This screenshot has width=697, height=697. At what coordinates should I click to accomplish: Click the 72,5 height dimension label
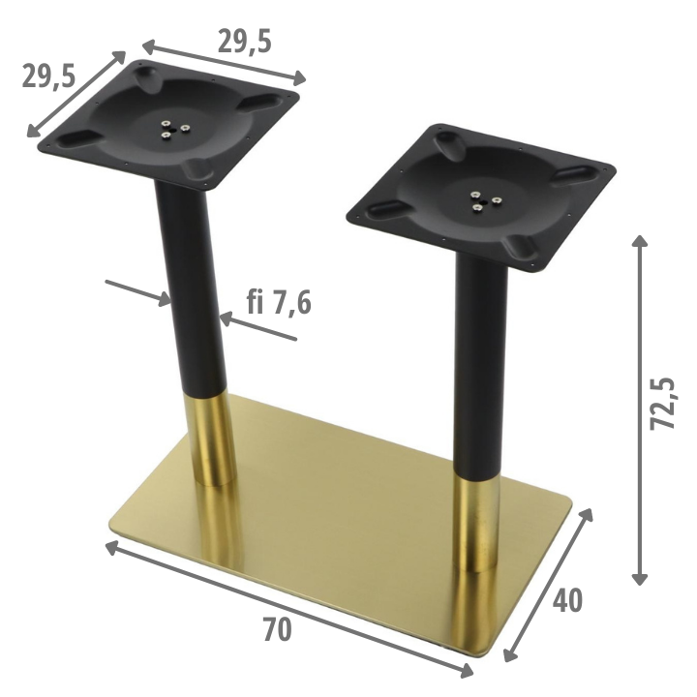[662, 404]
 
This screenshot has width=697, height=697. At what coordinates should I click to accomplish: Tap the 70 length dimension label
[278, 629]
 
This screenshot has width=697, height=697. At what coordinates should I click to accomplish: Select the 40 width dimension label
[567, 600]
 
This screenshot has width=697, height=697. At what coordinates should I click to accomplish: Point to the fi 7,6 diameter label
[279, 302]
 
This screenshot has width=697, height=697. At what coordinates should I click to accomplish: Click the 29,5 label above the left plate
[245, 42]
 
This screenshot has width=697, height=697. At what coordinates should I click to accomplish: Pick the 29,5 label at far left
[49, 76]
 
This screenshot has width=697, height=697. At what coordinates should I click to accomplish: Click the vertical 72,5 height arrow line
[640, 409]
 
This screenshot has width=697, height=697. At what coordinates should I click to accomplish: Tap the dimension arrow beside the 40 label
[548, 585]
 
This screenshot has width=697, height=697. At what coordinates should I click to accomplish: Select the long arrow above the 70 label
[288, 610]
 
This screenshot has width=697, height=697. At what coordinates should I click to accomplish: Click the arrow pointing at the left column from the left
[138, 293]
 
